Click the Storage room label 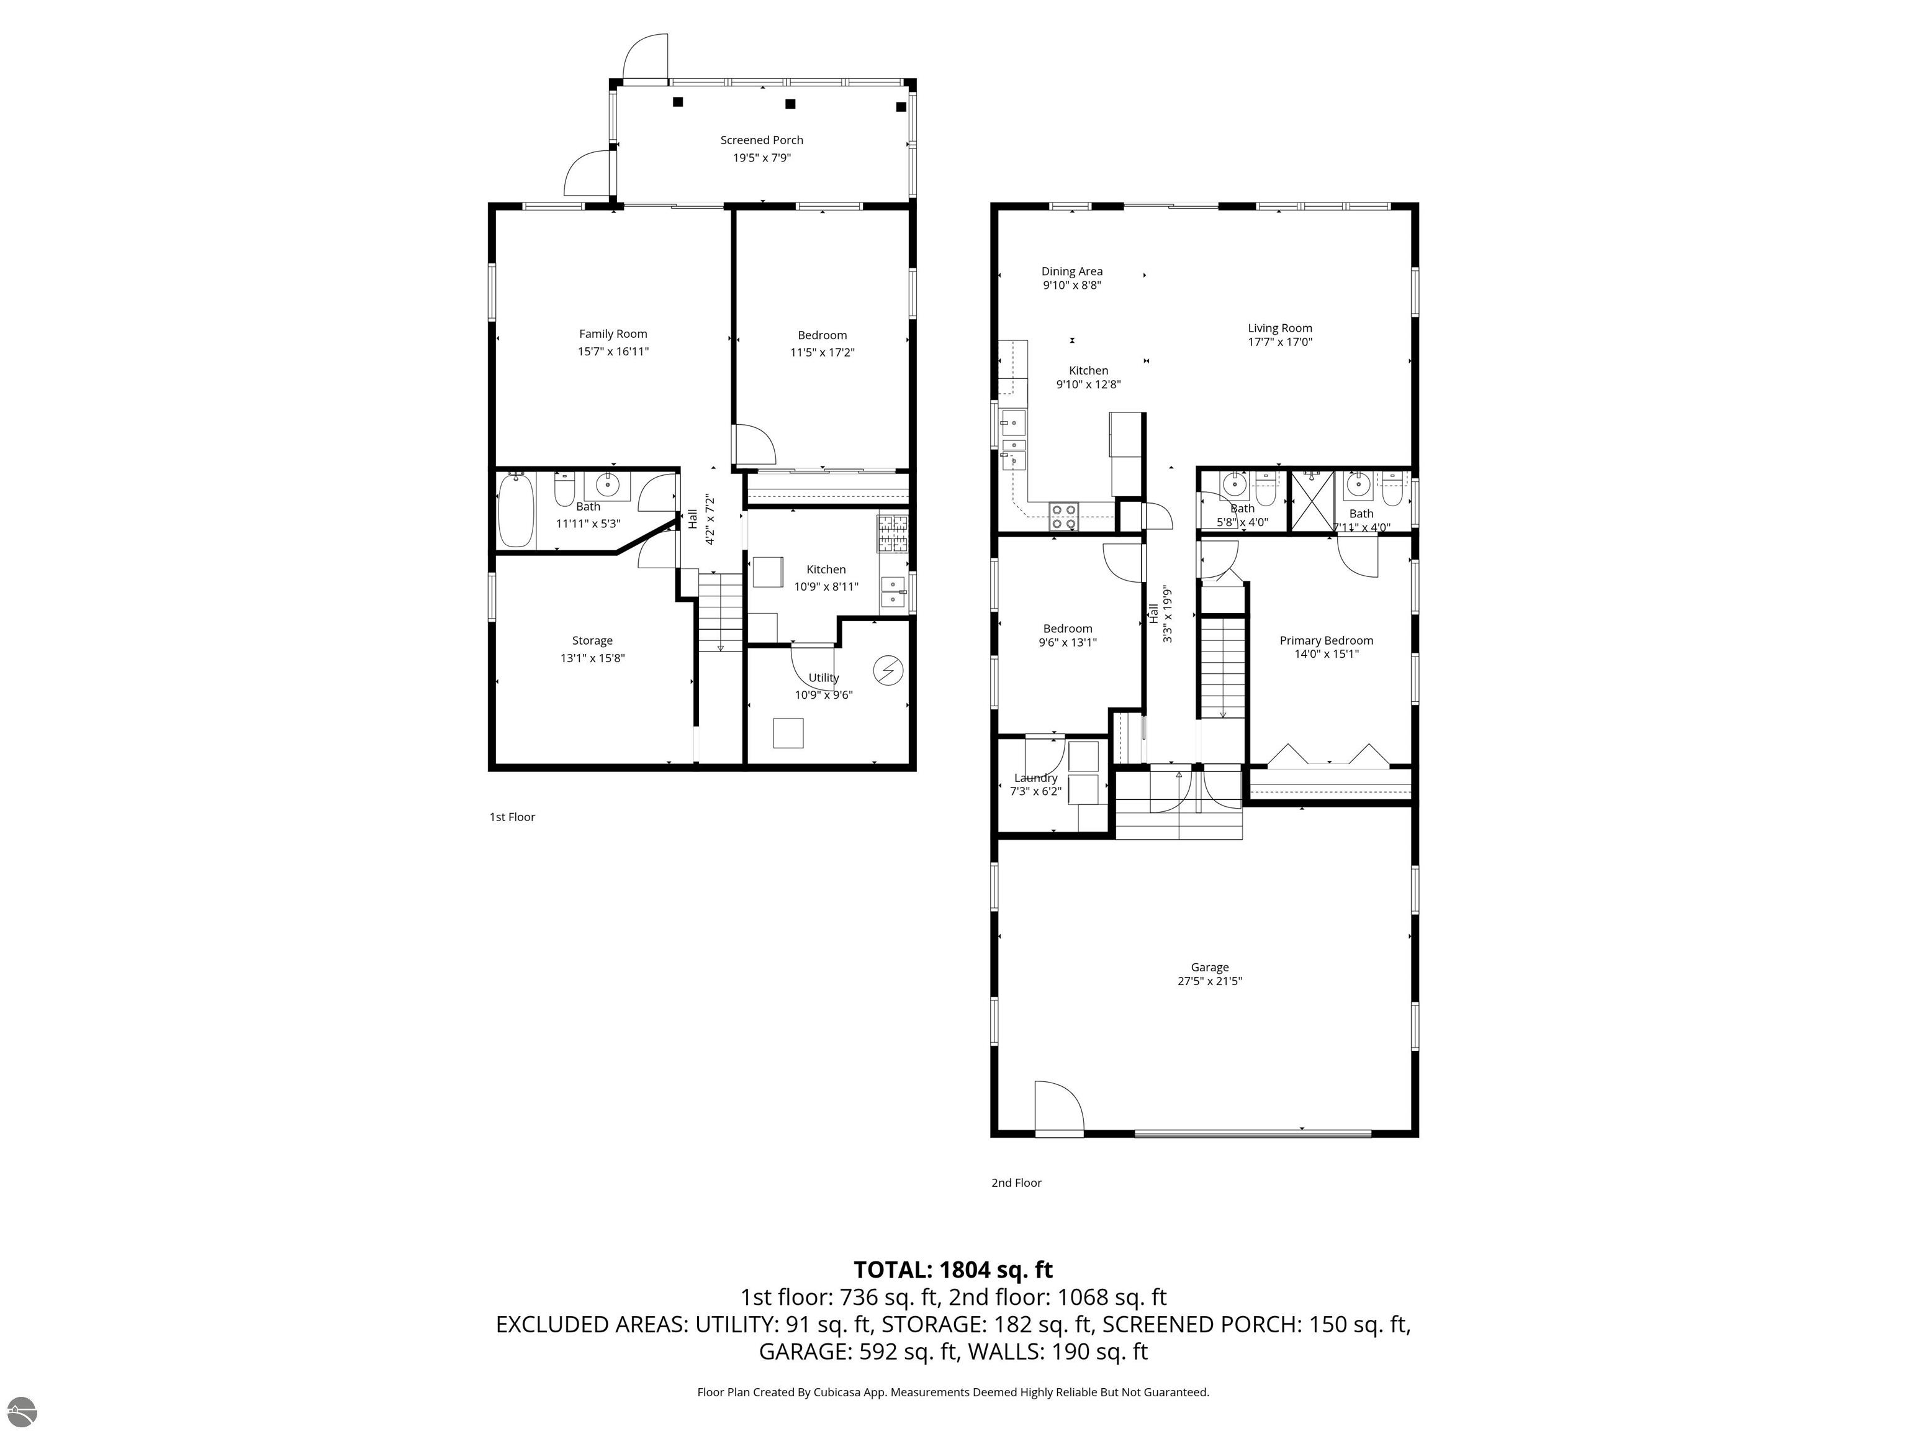point(592,641)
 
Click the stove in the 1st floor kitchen point(893,533)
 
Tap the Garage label point(1209,967)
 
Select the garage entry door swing point(1058,1107)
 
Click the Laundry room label point(1035,777)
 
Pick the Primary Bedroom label point(1326,640)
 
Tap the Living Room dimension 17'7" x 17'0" point(1279,342)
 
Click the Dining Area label point(1071,271)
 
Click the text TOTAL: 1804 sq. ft point(953,1270)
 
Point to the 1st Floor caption point(512,817)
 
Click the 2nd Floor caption point(1016,1183)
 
